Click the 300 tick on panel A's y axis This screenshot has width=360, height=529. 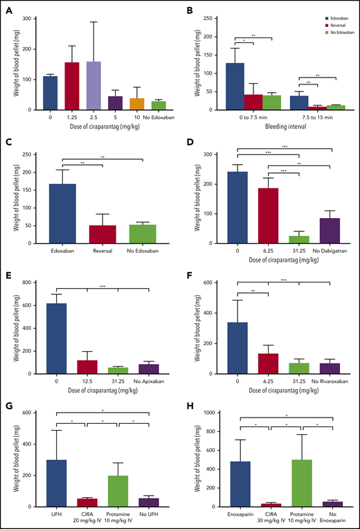pos(33,18)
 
